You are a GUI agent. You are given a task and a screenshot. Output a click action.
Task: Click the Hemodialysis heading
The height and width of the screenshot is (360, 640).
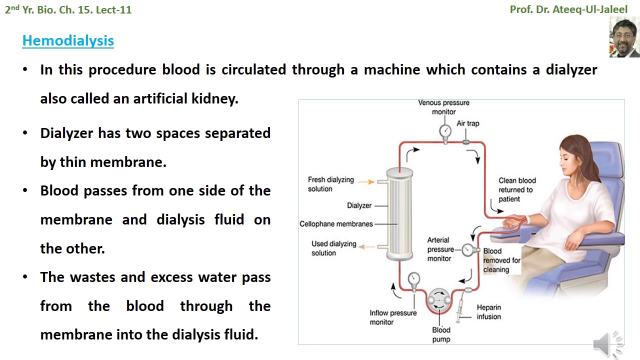click(68, 40)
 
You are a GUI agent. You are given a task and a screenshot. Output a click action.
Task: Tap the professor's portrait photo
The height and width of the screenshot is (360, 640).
click(624, 37)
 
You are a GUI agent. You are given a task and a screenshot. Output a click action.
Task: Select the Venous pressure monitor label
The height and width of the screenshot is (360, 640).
click(444, 107)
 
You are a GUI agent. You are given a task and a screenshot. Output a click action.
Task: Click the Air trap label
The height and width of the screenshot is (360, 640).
click(468, 123)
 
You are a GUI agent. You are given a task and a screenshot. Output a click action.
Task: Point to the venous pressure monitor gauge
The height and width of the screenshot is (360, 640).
click(445, 131)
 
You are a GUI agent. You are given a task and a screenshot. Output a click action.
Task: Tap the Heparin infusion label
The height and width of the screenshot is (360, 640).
click(488, 312)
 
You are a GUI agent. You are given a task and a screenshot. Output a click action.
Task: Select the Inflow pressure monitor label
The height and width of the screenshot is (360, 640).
click(393, 317)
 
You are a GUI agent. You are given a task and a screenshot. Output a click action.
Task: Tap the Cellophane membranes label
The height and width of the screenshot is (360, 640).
click(336, 224)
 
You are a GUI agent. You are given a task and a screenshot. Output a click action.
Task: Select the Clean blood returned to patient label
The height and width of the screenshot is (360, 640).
click(516, 189)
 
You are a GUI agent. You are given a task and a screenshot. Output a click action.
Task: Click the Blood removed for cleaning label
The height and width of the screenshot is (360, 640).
click(501, 260)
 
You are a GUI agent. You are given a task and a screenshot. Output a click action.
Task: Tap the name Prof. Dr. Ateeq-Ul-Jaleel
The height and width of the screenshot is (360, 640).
click(568, 9)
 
